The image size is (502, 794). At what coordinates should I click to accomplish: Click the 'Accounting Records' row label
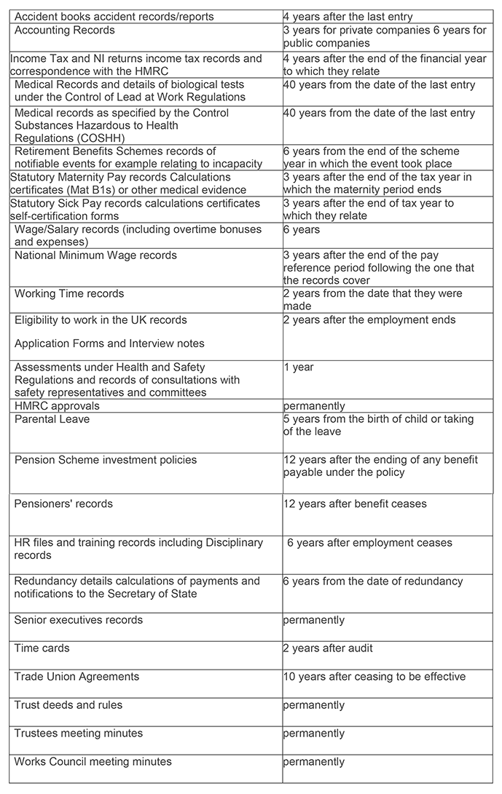(64, 31)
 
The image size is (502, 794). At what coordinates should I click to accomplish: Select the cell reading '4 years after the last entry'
(348, 17)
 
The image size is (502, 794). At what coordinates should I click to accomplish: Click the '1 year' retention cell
(299, 368)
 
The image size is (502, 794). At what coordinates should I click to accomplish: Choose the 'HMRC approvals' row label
(57, 406)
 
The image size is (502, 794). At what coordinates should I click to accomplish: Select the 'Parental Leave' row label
(52, 420)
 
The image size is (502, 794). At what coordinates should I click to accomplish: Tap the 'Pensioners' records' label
(63, 504)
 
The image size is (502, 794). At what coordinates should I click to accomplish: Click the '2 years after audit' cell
(328, 648)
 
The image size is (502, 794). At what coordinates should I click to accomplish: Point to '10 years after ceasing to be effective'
(374, 677)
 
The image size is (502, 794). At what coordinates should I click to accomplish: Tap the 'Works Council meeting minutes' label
(93, 762)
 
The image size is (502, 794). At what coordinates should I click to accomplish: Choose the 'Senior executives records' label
(79, 620)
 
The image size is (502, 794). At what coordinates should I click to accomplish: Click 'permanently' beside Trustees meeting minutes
(314, 734)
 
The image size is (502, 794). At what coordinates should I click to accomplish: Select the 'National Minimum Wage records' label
(95, 255)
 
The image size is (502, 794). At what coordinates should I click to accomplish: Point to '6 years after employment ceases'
(369, 543)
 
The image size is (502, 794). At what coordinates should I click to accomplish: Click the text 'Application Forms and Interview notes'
(109, 344)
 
